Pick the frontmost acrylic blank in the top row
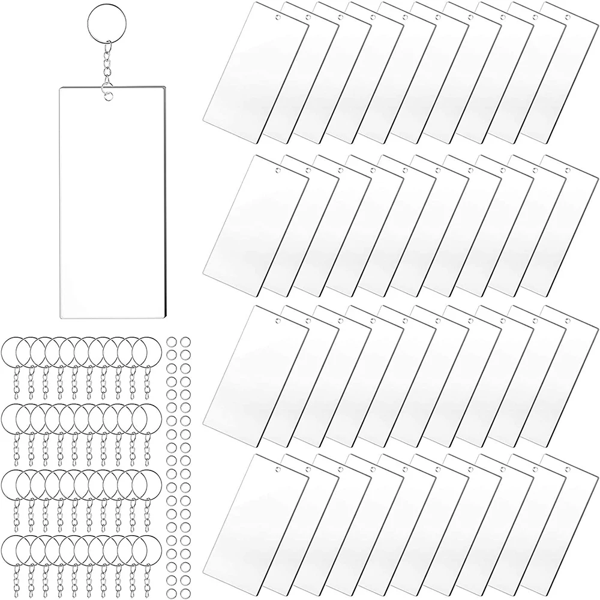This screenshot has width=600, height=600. click(255, 66)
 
